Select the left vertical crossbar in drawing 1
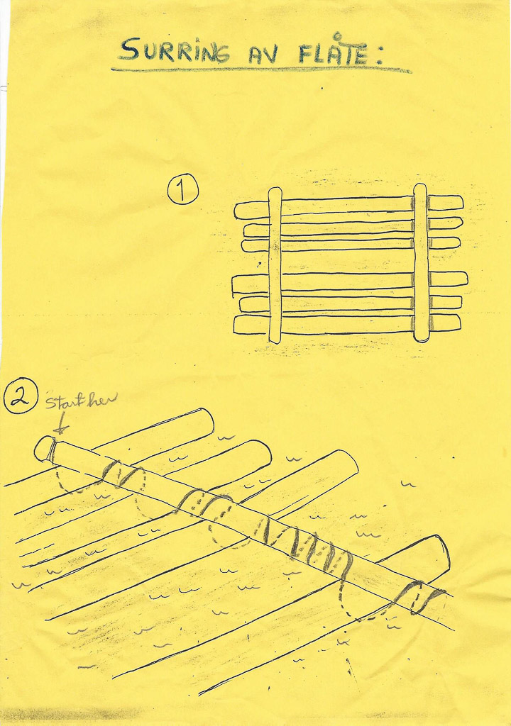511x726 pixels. click(275, 265)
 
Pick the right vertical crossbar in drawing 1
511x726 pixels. click(420, 262)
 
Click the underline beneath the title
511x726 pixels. click(261, 70)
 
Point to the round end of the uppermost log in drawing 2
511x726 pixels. click(207, 418)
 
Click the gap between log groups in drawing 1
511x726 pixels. click(348, 262)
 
